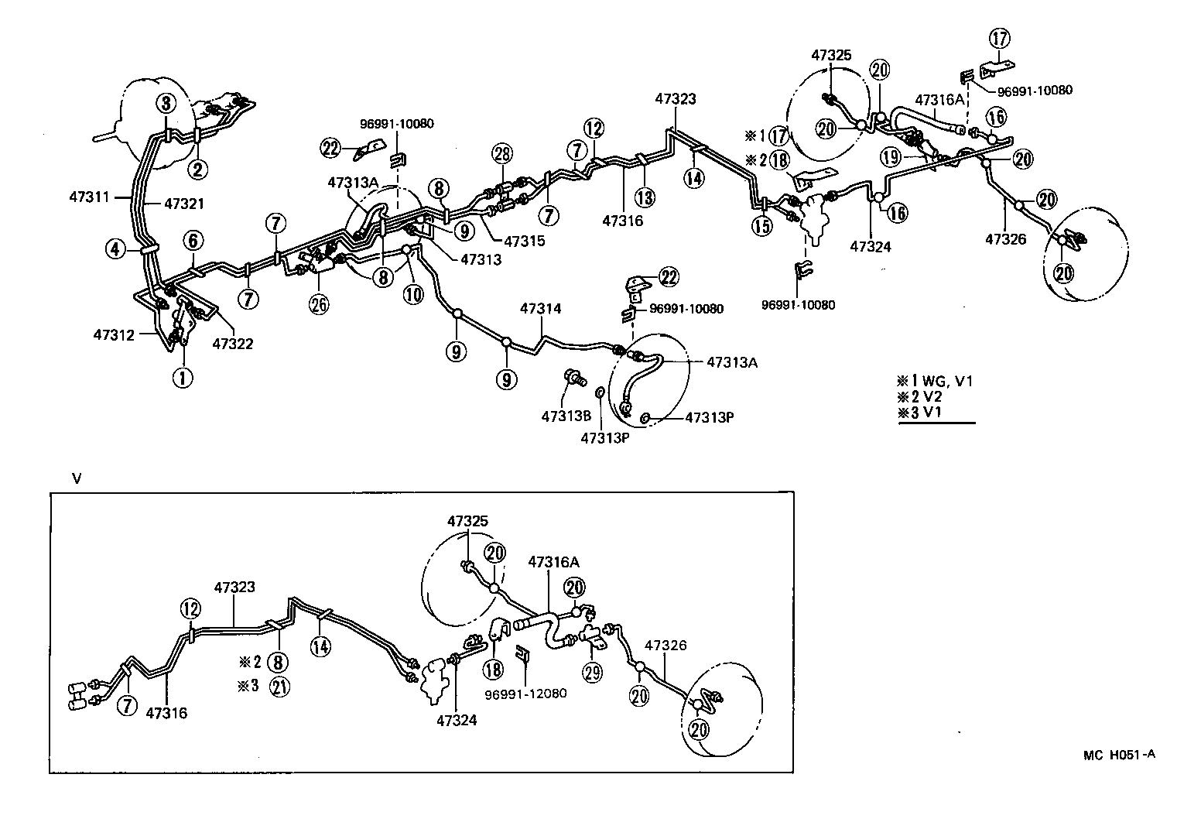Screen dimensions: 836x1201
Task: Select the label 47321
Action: coord(184,204)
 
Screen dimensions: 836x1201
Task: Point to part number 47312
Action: coord(115,335)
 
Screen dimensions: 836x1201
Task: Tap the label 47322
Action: coord(233,344)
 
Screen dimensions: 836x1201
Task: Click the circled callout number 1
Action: coord(183,379)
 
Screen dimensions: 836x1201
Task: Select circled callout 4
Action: coord(116,249)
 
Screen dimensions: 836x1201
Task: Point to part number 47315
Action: coord(525,241)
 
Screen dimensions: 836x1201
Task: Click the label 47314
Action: coord(540,309)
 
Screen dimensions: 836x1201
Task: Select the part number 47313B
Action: coord(566,416)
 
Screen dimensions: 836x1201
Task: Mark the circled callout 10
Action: coord(414,295)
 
